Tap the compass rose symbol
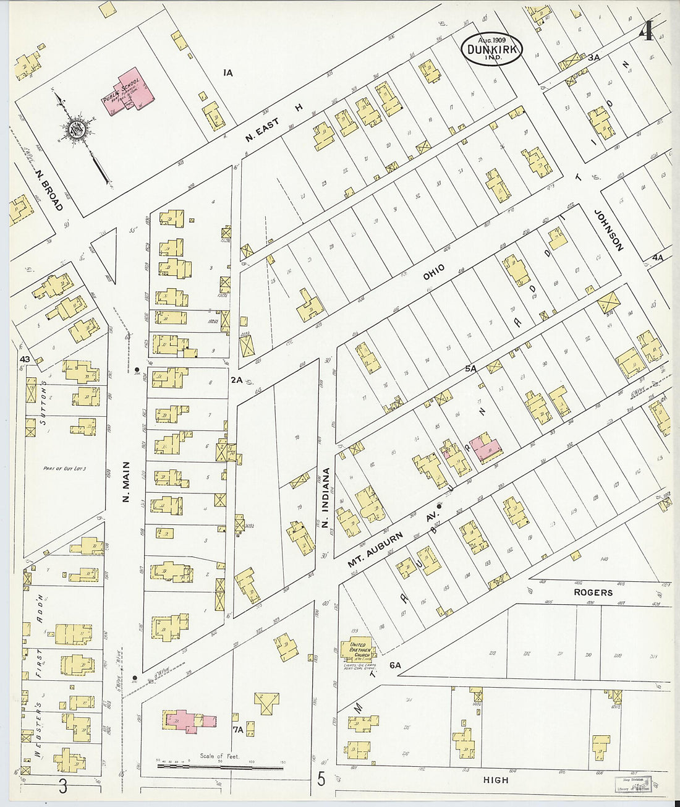(x=77, y=129)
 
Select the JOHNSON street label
(x=608, y=229)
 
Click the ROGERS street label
(x=593, y=592)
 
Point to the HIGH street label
(x=496, y=780)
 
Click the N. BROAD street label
(x=49, y=190)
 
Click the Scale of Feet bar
(x=219, y=766)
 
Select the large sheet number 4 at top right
(x=647, y=30)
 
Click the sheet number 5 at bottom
(x=321, y=779)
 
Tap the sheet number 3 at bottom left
(x=63, y=787)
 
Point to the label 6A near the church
(x=396, y=665)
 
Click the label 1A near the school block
(x=227, y=73)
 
